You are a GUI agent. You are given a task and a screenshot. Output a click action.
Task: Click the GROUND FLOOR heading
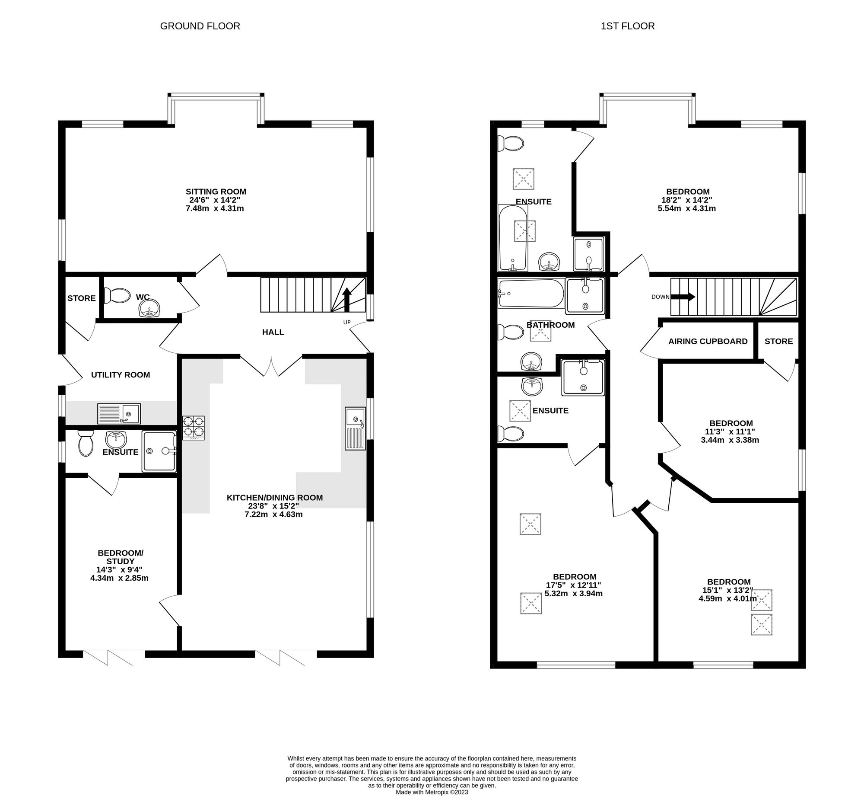(x=200, y=26)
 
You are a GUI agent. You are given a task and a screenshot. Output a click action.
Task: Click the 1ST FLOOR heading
(x=628, y=26)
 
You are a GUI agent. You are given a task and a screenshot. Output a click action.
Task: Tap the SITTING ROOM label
(x=216, y=192)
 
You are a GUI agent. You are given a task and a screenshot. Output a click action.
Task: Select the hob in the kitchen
(x=194, y=428)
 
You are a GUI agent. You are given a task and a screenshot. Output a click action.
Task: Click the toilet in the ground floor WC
(x=117, y=296)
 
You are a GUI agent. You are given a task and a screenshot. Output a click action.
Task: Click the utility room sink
(x=119, y=414)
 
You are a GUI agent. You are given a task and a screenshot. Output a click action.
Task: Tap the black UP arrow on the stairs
(x=346, y=299)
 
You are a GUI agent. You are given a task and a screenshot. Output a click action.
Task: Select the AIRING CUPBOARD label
(x=708, y=342)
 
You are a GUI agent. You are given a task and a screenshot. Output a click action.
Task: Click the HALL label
(x=273, y=332)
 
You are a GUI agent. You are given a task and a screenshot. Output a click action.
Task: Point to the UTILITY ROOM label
(x=121, y=375)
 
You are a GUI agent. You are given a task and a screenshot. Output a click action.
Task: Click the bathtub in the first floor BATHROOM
(x=531, y=293)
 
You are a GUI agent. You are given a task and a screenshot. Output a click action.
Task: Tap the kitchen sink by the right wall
(x=355, y=428)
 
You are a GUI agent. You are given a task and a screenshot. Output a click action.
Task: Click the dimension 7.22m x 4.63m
(x=274, y=515)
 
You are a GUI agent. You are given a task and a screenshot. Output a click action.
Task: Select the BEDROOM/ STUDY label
(x=120, y=557)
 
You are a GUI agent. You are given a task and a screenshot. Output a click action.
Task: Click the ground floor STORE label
(x=81, y=298)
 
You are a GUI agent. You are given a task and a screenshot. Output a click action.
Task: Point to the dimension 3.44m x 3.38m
(x=730, y=440)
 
